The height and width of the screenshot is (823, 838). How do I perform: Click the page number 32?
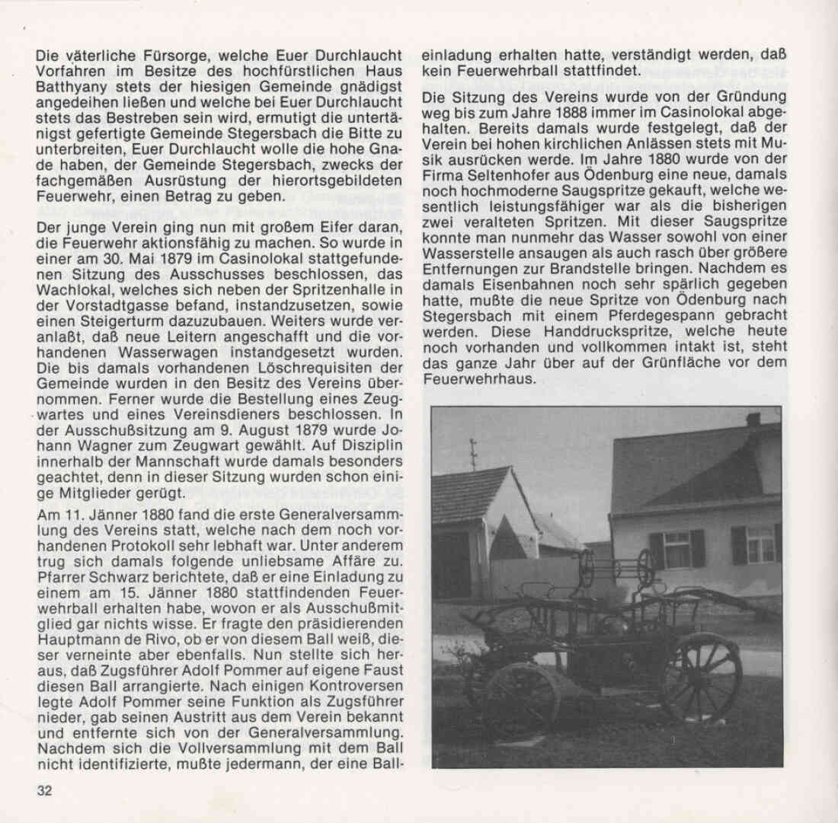[44, 790]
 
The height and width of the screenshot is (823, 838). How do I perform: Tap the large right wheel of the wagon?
[702, 675]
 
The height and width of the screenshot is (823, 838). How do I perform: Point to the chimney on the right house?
[753, 419]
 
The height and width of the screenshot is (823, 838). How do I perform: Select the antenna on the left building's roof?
[473, 452]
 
